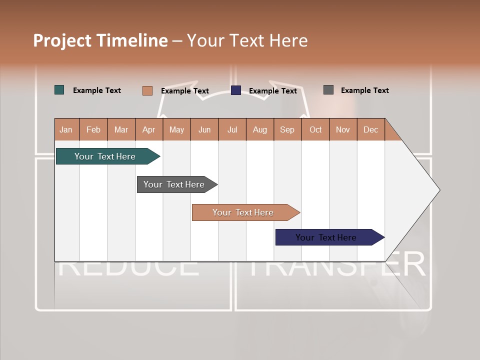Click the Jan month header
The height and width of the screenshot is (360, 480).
tap(66, 129)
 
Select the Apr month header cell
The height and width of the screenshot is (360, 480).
tap(149, 129)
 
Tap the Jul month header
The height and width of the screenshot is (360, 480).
tap(232, 129)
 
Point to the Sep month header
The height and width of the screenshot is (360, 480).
tap(287, 129)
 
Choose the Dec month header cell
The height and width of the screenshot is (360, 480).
tap(370, 129)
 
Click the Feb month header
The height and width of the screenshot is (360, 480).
tap(93, 129)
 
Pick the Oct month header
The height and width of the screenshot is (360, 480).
tap(315, 129)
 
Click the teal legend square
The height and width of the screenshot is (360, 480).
tap(59, 90)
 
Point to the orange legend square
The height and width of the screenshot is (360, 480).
tap(147, 90)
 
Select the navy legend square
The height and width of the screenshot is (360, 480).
tap(236, 90)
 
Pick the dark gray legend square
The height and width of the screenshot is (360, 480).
tap(328, 90)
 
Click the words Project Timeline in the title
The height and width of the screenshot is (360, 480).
tap(100, 40)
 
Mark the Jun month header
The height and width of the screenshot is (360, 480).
tap(204, 129)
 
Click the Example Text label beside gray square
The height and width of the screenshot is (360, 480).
tap(364, 90)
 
